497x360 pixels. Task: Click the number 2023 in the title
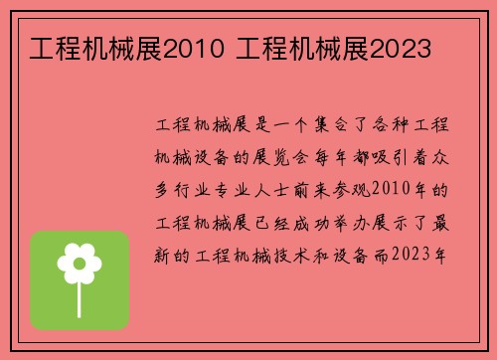pos(395,47)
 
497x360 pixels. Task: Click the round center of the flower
pos(80,263)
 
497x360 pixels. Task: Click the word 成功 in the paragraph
pos(325,220)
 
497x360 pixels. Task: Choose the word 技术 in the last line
pos(304,252)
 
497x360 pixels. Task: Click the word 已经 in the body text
pos(283,220)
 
